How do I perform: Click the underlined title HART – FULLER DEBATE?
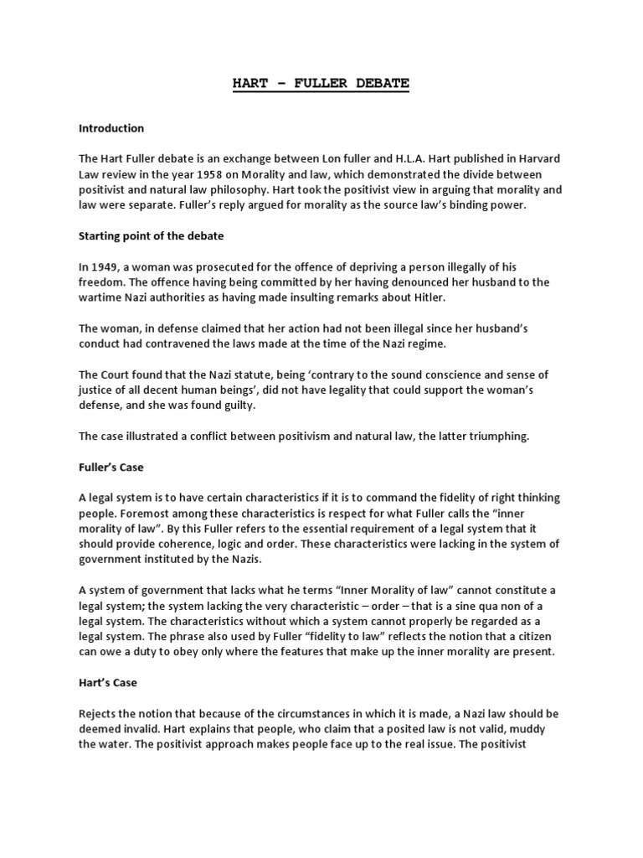[x=321, y=85]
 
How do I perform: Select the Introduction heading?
[x=111, y=128]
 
